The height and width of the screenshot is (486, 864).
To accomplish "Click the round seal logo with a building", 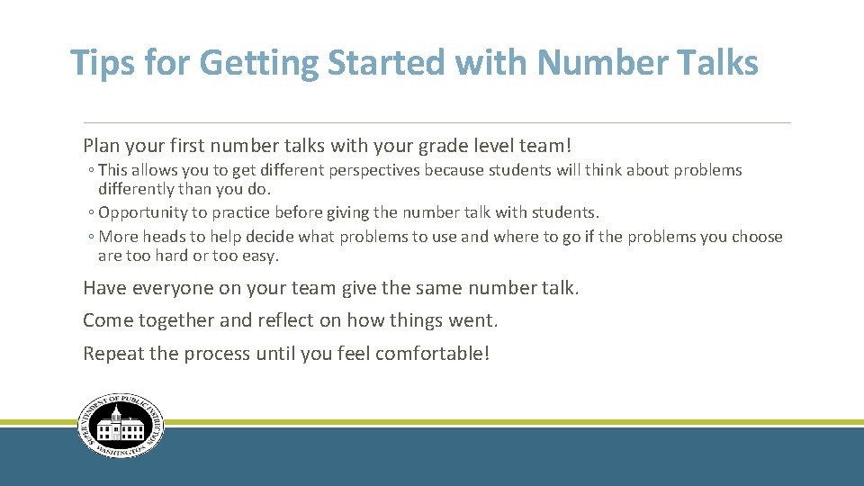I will [121, 427].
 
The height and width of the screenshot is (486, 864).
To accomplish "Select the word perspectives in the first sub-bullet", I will [375, 170].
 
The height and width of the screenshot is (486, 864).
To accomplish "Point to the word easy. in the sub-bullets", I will [260, 256].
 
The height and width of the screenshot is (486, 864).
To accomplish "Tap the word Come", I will [108, 320].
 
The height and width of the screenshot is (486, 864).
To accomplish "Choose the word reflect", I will [290, 320].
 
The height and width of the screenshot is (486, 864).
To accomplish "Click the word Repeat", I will [113, 354].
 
